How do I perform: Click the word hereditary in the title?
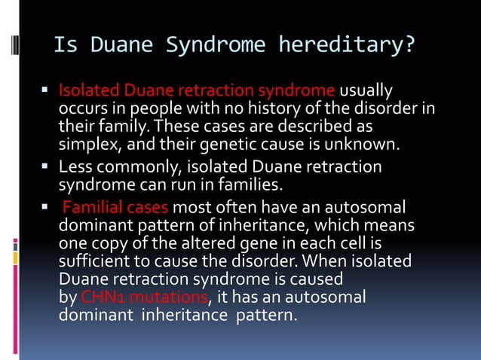point(347,46)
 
